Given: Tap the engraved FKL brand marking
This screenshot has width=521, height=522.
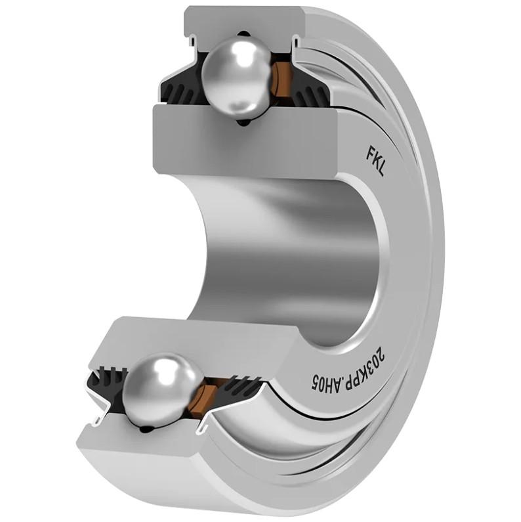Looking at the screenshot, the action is (375, 162).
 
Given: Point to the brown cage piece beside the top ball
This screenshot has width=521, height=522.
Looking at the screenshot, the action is (281, 79).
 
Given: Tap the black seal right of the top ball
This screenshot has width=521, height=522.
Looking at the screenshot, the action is (308, 90).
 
